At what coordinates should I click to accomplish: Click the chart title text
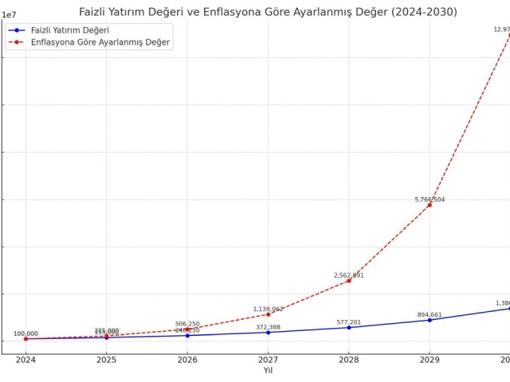268,12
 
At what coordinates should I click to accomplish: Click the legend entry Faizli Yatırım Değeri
69,29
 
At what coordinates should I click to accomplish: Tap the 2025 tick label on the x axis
106,360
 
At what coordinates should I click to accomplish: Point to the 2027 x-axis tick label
268,360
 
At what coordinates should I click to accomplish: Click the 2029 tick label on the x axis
430,360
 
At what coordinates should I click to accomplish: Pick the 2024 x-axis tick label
25,360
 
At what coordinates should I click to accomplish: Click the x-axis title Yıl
268,370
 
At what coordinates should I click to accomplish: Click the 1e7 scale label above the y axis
11,15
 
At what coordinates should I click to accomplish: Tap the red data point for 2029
430,205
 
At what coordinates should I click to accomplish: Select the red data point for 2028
348,280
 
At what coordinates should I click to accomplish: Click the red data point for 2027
268,314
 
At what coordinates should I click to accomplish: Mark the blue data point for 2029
430,320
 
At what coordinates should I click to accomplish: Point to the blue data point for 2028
348,327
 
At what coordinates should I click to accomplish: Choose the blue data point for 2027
268,332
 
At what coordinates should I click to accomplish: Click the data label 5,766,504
430,200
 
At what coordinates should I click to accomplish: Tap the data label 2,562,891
348,275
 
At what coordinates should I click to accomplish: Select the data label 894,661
430,314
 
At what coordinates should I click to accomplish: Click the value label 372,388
268,327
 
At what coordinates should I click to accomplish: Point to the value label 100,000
25,334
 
